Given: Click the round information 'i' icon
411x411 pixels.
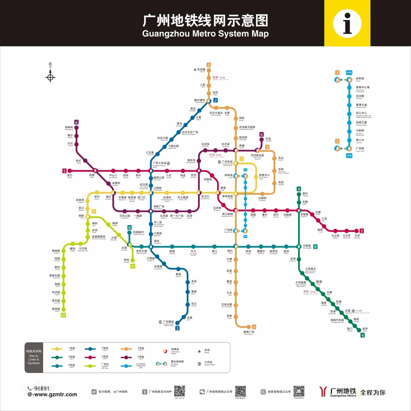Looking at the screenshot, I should pos(347,23).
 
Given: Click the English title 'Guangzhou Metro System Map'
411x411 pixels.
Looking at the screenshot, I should pos(205,34).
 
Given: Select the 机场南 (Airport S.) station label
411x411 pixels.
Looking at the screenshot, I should pos(201,70).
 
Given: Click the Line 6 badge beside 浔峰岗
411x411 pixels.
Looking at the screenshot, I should pos(76,122).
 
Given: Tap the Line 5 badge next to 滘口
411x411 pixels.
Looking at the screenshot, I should pos(64,171).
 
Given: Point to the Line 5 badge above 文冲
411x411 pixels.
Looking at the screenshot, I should pos(361,231).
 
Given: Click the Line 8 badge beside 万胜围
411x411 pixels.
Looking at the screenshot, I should pos(315,247).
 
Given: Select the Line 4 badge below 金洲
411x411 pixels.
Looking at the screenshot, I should pos(362,335).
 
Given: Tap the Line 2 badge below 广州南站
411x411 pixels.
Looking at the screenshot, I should pos(177,328).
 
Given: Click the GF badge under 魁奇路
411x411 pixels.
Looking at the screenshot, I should pos(63,315).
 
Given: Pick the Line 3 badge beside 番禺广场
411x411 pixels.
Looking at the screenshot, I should pos(254,327).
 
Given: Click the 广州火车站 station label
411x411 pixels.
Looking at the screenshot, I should pos(160,163).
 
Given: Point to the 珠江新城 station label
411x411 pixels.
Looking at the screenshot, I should pos(227,214).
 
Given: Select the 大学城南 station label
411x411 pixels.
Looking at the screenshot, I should pos(301,283).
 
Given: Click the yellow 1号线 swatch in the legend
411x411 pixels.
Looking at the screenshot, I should pos(57,349).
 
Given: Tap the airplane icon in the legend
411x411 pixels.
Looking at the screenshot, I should pos(199,351).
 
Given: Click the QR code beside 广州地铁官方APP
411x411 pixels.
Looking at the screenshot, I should pos(180,391).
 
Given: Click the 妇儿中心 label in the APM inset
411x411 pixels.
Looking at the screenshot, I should pos(361,113).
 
